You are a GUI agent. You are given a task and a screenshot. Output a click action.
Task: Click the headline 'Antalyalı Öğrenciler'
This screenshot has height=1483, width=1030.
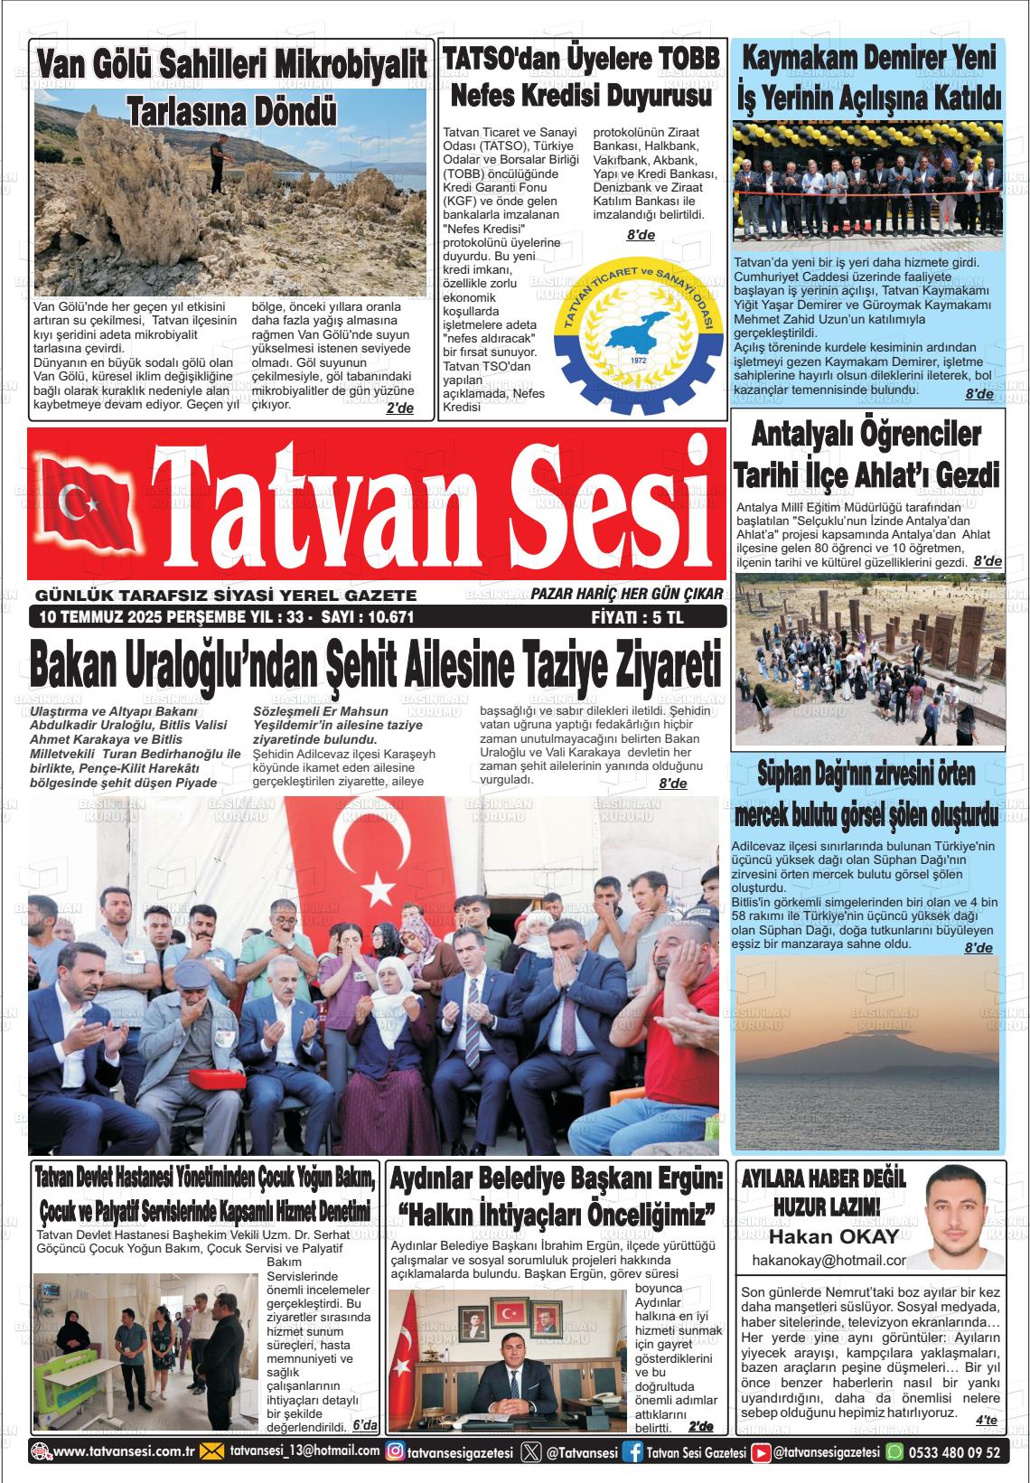[x=866, y=435]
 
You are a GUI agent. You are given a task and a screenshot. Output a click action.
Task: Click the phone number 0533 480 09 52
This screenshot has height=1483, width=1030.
[x=954, y=1452]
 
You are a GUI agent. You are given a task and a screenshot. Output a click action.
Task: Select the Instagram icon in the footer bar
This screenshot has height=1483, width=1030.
[x=395, y=1452]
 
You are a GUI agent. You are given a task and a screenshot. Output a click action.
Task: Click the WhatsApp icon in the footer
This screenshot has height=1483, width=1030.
[x=894, y=1452]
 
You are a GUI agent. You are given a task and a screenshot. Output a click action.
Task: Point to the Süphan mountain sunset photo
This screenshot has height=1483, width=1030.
[x=866, y=1053]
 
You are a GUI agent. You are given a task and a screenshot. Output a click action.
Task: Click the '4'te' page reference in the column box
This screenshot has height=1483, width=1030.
[x=986, y=1421]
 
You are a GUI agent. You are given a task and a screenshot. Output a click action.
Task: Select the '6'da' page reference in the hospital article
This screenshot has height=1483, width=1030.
[x=365, y=1425]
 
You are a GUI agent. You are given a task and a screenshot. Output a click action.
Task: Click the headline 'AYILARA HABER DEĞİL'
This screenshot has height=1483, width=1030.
[x=823, y=1178]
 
